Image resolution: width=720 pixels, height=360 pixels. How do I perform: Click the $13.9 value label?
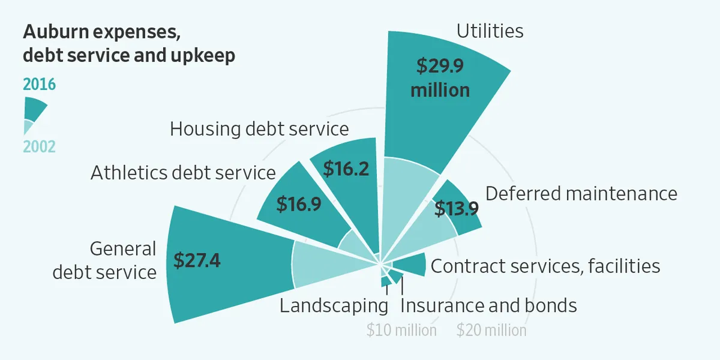coord(457,209)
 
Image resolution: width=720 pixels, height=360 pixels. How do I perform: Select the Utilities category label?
coord(490,31)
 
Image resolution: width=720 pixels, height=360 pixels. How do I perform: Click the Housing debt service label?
coord(259,129)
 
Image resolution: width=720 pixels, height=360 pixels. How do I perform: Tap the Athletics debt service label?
coord(183,173)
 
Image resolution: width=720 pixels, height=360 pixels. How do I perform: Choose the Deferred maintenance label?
coord(581,194)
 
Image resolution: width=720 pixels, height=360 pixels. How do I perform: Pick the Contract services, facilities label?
coord(545,266)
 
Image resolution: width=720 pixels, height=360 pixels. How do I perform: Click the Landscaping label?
coord(334,305)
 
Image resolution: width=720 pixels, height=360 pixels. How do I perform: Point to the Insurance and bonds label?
coord(488,305)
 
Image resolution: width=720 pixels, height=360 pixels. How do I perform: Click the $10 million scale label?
coord(401,330)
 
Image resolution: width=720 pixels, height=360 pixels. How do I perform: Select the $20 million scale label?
coord(491,330)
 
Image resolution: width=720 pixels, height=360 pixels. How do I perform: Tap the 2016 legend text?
coord(39,85)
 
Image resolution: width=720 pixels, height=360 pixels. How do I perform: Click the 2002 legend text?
coord(39,146)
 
